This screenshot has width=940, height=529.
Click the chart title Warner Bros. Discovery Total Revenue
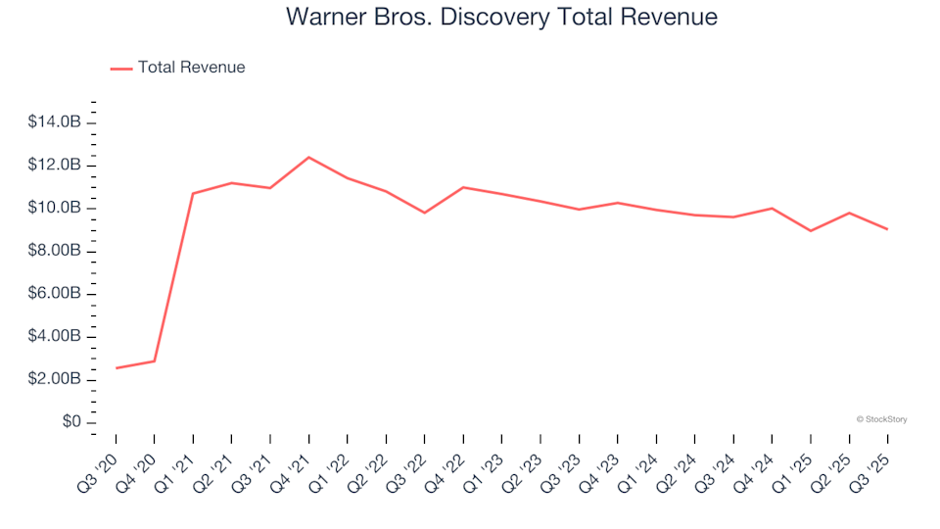500,18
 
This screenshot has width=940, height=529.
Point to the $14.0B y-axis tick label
55,122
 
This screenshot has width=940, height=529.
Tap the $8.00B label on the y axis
55,251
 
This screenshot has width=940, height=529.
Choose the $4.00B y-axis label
55,337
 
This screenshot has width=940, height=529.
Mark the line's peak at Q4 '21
308,157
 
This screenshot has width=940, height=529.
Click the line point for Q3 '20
116,368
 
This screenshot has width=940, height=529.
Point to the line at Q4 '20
154,361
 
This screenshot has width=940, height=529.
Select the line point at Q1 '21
193,193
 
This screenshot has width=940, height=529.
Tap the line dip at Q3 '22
424,213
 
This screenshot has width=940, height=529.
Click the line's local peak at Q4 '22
463,187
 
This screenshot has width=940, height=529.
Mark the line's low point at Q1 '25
811,230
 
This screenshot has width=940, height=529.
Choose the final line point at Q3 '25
887,229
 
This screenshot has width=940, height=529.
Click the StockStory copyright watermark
881,419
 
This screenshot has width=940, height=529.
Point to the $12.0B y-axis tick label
55,166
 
